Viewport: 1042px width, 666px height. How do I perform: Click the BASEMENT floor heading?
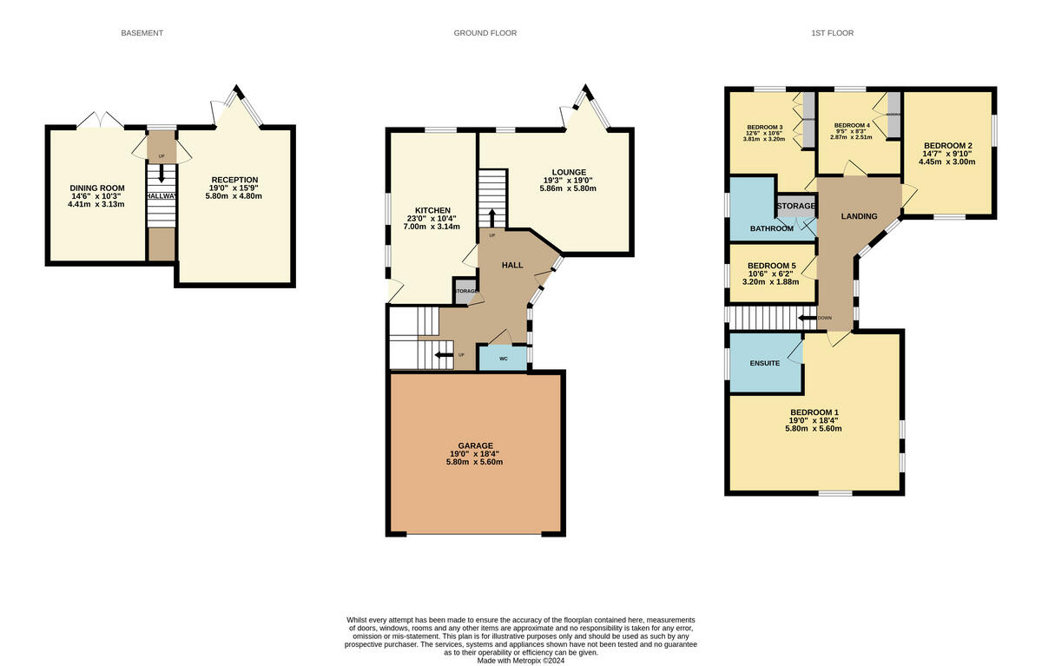tap(142, 33)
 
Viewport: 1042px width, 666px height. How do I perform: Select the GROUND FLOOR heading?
tap(485, 33)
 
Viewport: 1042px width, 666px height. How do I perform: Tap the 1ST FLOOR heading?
tap(832, 33)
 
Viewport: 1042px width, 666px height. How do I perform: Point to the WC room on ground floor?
tap(503, 358)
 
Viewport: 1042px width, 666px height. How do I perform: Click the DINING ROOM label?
tap(97, 188)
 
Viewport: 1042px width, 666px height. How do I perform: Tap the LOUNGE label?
tap(568, 172)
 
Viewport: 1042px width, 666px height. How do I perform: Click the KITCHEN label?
tap(432, 210)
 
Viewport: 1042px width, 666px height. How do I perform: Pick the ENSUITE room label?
tap(765, 363)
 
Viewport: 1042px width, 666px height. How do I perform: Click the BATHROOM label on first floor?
tap(771, 228)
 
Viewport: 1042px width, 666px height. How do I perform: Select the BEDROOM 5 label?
tap(772, 265)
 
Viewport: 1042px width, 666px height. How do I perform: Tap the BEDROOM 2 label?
tap(947, 145)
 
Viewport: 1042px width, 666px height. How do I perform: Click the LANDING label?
tap(859, 216)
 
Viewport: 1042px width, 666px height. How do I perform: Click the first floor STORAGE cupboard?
tap(795, 206)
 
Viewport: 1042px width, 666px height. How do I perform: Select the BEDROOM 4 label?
tap(851, 126)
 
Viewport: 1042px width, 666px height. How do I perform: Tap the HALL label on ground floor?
tap(512, 264)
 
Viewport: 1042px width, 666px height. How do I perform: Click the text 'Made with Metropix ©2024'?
tap(520, 660)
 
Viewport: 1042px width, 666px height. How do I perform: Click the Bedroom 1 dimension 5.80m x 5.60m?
tap(814, 428)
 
